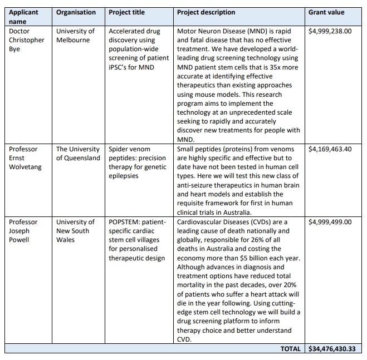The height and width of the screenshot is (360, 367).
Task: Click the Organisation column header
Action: coord(76,12)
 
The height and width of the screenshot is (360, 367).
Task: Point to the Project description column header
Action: coord(206,12)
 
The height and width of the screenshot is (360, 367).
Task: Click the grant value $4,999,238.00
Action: coord(330,31)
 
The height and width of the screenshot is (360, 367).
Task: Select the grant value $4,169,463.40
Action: coord(330,149)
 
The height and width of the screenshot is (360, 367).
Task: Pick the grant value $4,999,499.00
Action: coord(330,222)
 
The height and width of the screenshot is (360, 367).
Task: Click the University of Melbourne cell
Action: coord(75,36)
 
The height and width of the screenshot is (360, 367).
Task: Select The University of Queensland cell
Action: coord(78,154)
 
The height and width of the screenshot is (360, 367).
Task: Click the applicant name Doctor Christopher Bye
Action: coord(26,40)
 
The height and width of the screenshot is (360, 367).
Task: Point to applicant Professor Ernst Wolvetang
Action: coord(25,158)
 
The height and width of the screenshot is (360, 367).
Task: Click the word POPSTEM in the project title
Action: coord(125,222)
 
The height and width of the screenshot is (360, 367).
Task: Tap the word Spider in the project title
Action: coord(119,149)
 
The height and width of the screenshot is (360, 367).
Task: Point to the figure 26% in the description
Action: coord(270,240)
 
